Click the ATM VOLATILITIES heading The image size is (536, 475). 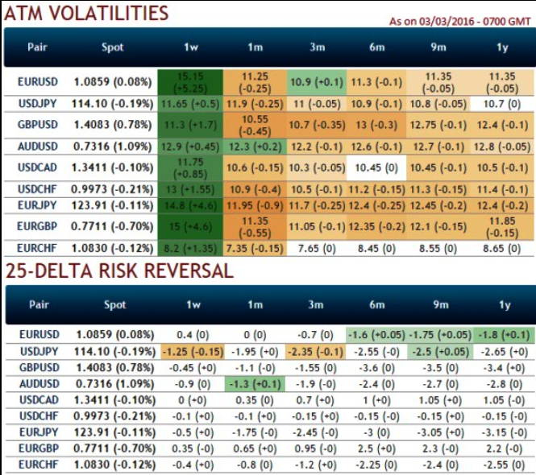pos(86,13)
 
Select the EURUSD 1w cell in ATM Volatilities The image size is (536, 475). pos(191,82)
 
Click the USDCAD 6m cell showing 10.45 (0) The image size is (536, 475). pos(377,167)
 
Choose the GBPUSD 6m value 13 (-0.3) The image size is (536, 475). pos(377,125)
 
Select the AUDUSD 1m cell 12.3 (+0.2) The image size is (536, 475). pos(254,147)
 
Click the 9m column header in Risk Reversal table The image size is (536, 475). pos(440,305)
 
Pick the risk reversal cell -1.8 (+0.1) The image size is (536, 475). pos(502,334)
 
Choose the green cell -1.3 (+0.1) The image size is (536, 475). pos(254,383)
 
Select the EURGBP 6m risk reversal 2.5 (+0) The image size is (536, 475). pos(377,448)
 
